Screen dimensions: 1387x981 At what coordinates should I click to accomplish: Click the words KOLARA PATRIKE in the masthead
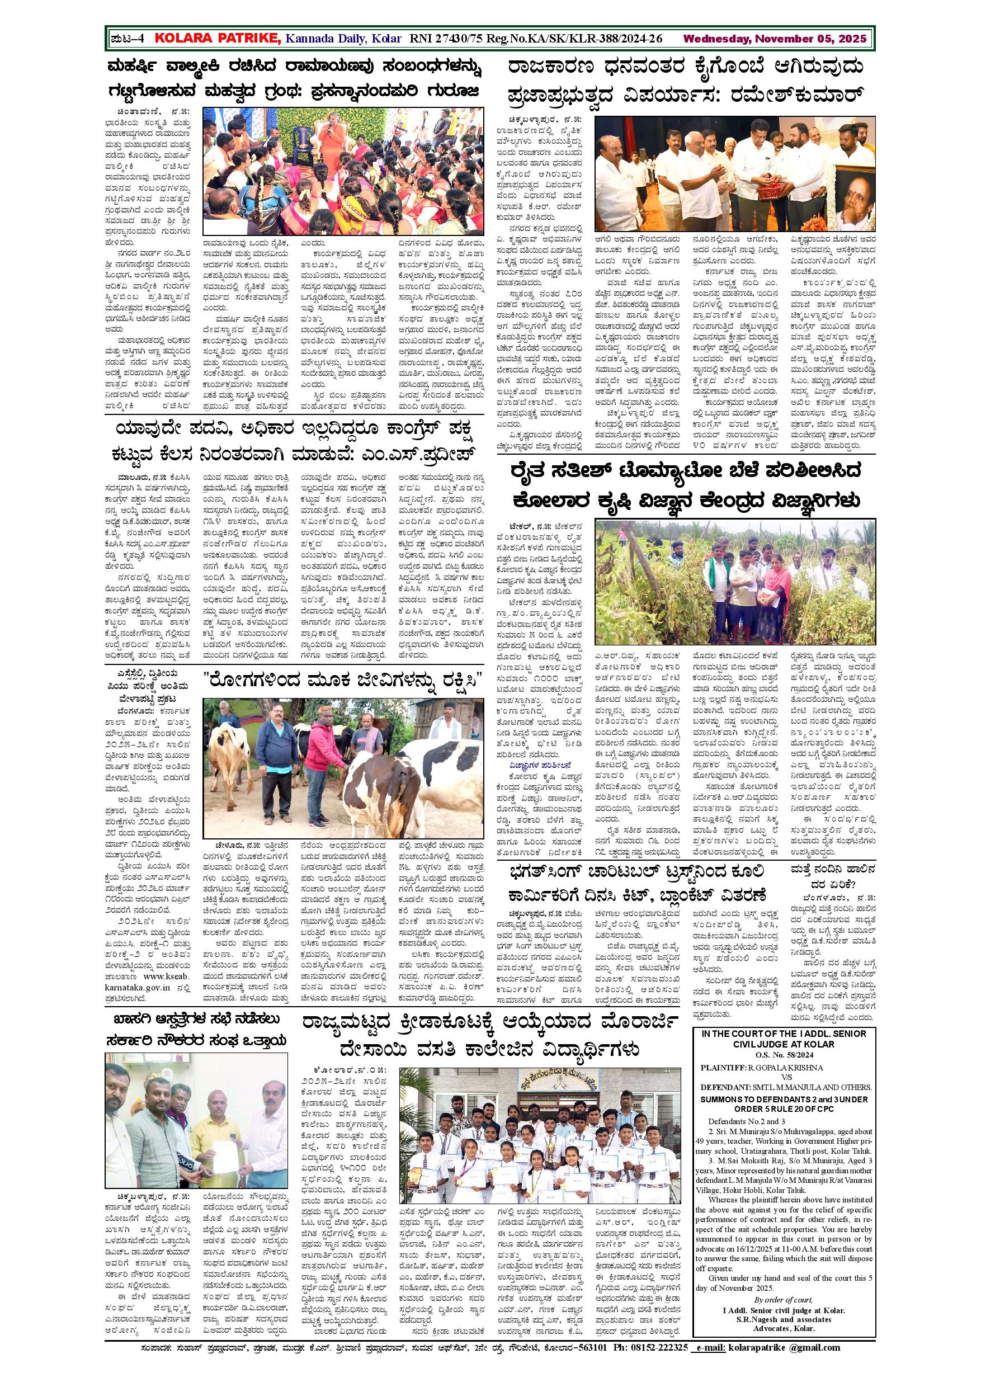218,39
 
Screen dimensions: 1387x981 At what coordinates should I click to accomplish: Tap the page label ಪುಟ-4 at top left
128,39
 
